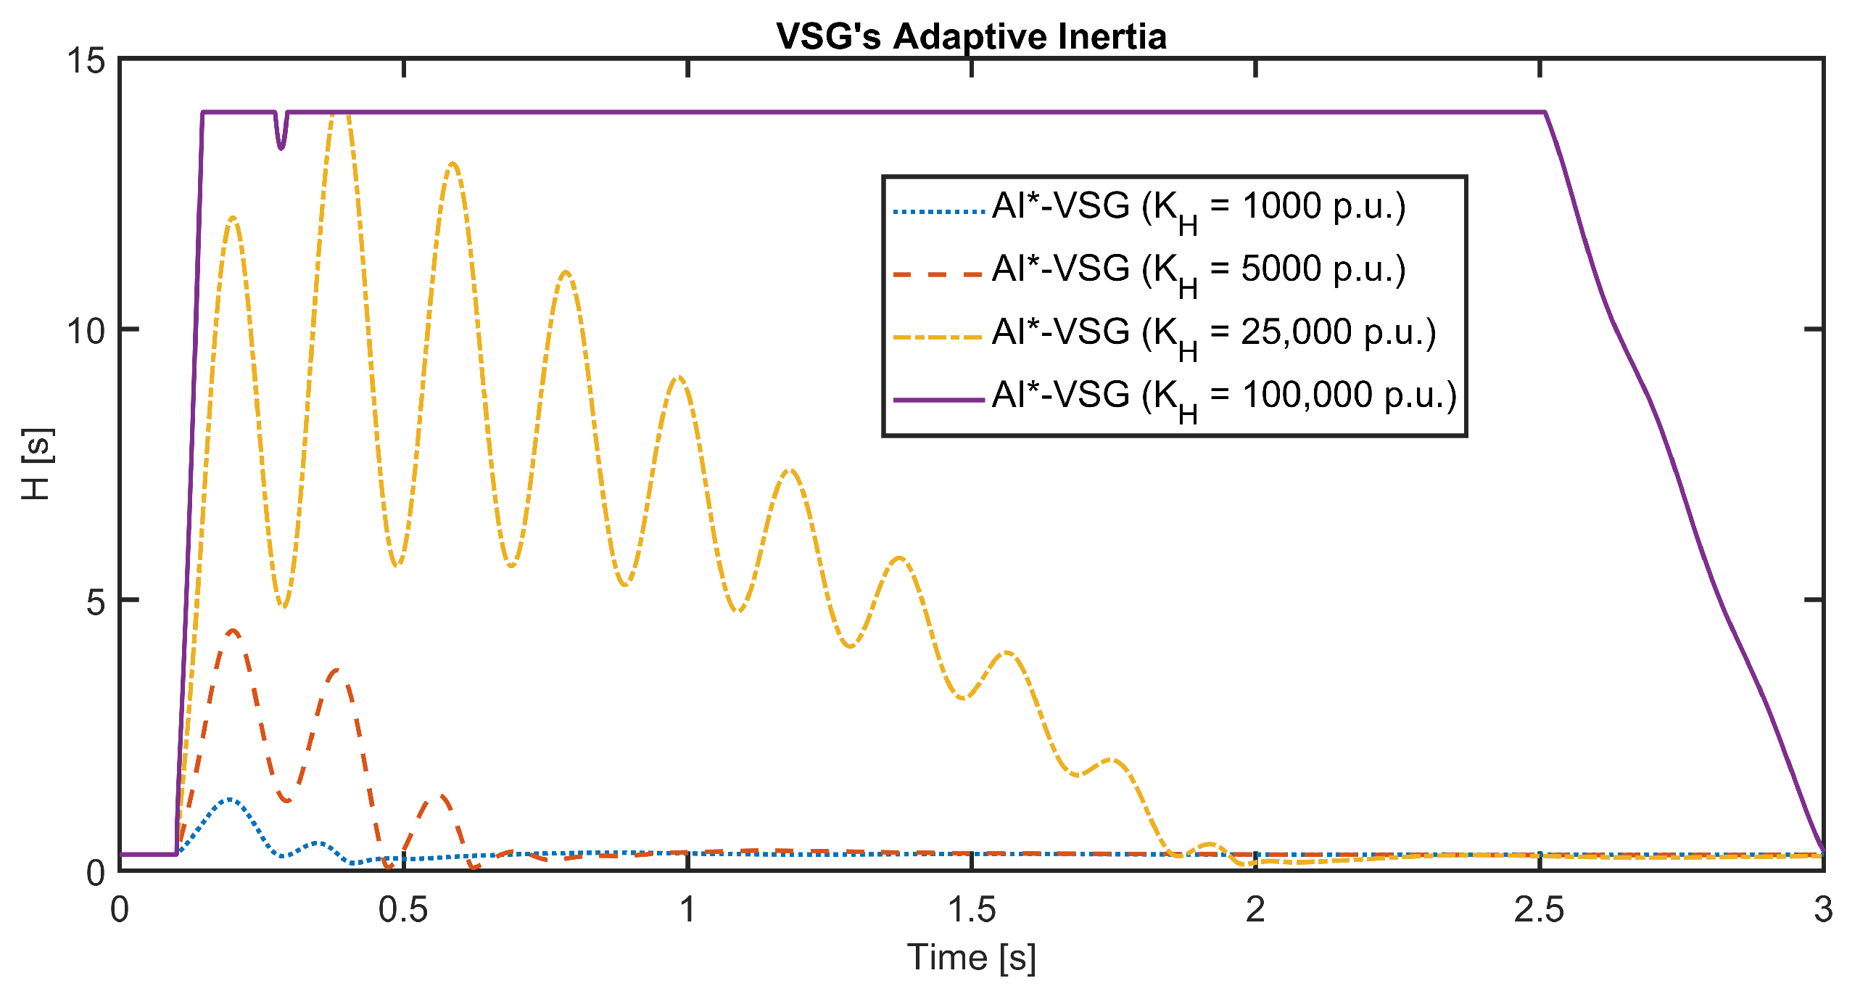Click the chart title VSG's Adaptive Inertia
pyautogui.click(x=971, y=36)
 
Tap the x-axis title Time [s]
pyautogui.click(x=971, y=957)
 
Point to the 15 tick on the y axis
pyautogui.click(x=86, y=61)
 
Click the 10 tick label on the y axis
pyautogui.click(x=86, y=331)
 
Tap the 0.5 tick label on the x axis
pyautogui.click(x=403, y=910)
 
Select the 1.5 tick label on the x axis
pyautogui.click(x=971, y=910)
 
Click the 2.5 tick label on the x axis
pyautogui.click(x=1539, y=910)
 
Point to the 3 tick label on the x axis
pyautogui.click(x=1823, y=910)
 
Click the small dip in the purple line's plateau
pyautogui.click(x=281, y=147)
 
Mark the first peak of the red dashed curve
pyautogui.click(x=232, y=631)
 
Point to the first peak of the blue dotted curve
pyautogui.click(x=230, y=799)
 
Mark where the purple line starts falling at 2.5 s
pyautogui.click(x=1545, y=112)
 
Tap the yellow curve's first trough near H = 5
pyautogui.click(x=284, y=607)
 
